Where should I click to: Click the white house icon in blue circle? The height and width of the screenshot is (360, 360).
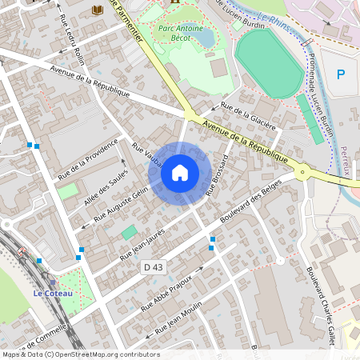click(x=180, y=172)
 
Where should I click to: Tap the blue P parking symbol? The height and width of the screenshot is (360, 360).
click(x=340, y=74)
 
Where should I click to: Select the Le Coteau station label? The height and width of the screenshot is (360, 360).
click(x=53, y=293)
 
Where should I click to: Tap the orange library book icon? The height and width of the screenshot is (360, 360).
click(x=98, y=10)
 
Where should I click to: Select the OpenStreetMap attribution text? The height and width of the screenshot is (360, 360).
click(x=81, y=354)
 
